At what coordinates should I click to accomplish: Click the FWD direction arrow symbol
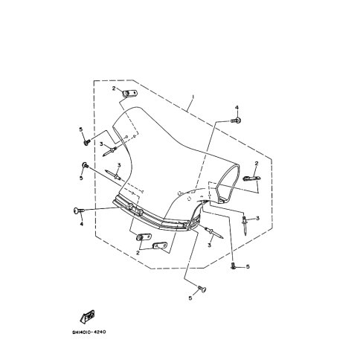click(87, 317)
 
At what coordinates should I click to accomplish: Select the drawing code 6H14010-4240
click(89, 332)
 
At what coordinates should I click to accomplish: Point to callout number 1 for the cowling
click(193, 96)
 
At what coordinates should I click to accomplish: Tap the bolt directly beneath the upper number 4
click(236, 120)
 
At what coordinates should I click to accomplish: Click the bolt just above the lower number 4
click(79, 210)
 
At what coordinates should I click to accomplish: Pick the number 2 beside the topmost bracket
click(114, 88)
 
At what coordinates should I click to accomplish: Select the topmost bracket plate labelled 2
click(130, 94)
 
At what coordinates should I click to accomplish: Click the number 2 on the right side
click(257, 163)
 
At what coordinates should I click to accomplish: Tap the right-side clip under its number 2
click(251, 178)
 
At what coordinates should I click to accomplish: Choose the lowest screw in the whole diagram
click(202, 289)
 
